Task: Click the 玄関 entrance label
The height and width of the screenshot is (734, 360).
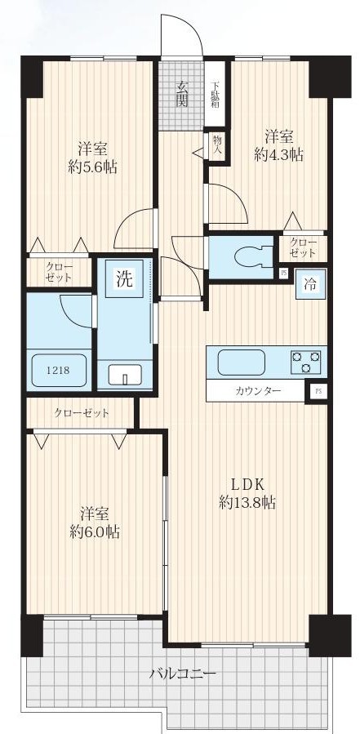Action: click(x=182, y=94)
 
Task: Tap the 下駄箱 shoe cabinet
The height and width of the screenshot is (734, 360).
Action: click(x=216, y=94)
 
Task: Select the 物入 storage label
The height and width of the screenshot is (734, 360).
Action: click(x=217, y=145)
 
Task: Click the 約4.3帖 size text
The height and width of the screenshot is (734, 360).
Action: click(x=278, y=155)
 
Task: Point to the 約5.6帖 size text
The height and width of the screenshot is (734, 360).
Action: click(x=93, y=167)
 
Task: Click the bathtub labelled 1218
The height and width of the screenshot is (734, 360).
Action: click(x=59, y=370)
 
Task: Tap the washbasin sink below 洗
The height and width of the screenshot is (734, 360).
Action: click(x=125, y=375)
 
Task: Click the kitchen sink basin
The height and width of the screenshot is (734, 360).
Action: click(x=242, y=363)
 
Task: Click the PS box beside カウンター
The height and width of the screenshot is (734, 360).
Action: click(x=318, y=391)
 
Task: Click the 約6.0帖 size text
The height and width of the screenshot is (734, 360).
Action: click(x=95, y=532)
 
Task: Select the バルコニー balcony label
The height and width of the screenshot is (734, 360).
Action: click(x=183, y=674)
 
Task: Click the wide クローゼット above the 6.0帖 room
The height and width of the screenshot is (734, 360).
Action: click(x=82, y=413)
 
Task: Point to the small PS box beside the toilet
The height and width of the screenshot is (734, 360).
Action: click(x=283, y=273)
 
